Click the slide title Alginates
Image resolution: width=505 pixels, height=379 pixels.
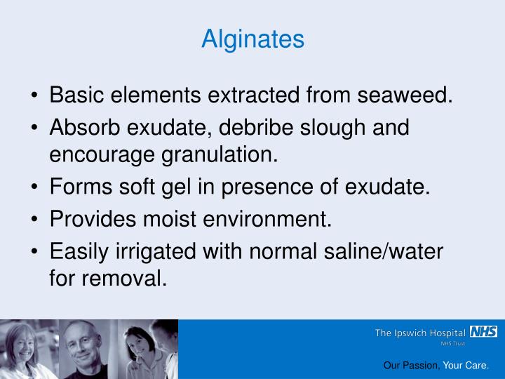(252, 39)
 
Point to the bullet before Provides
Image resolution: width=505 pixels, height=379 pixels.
(35, 220)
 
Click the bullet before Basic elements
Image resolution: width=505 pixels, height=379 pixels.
(35, 95)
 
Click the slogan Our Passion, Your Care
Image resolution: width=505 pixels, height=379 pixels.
(436, 366)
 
